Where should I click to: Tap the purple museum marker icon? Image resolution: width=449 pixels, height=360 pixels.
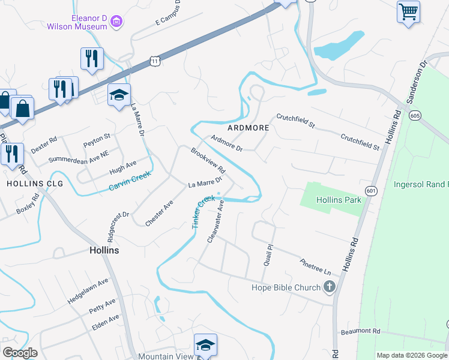click(117, 23)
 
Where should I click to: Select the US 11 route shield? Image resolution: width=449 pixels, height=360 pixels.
click(155, 61)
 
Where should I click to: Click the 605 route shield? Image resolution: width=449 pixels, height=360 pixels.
click(414, 115)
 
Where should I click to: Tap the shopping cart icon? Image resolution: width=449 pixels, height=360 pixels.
click(408, 11)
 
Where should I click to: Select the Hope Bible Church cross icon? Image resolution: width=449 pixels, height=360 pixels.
click(329, 287)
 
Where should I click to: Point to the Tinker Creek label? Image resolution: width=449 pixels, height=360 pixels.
click(202, 212)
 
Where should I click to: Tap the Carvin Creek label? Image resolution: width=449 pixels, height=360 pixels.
click(128, 182)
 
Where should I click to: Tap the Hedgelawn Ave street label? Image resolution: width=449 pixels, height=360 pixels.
click(88, 290)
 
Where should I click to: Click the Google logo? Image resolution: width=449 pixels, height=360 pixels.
click(20, 353)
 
